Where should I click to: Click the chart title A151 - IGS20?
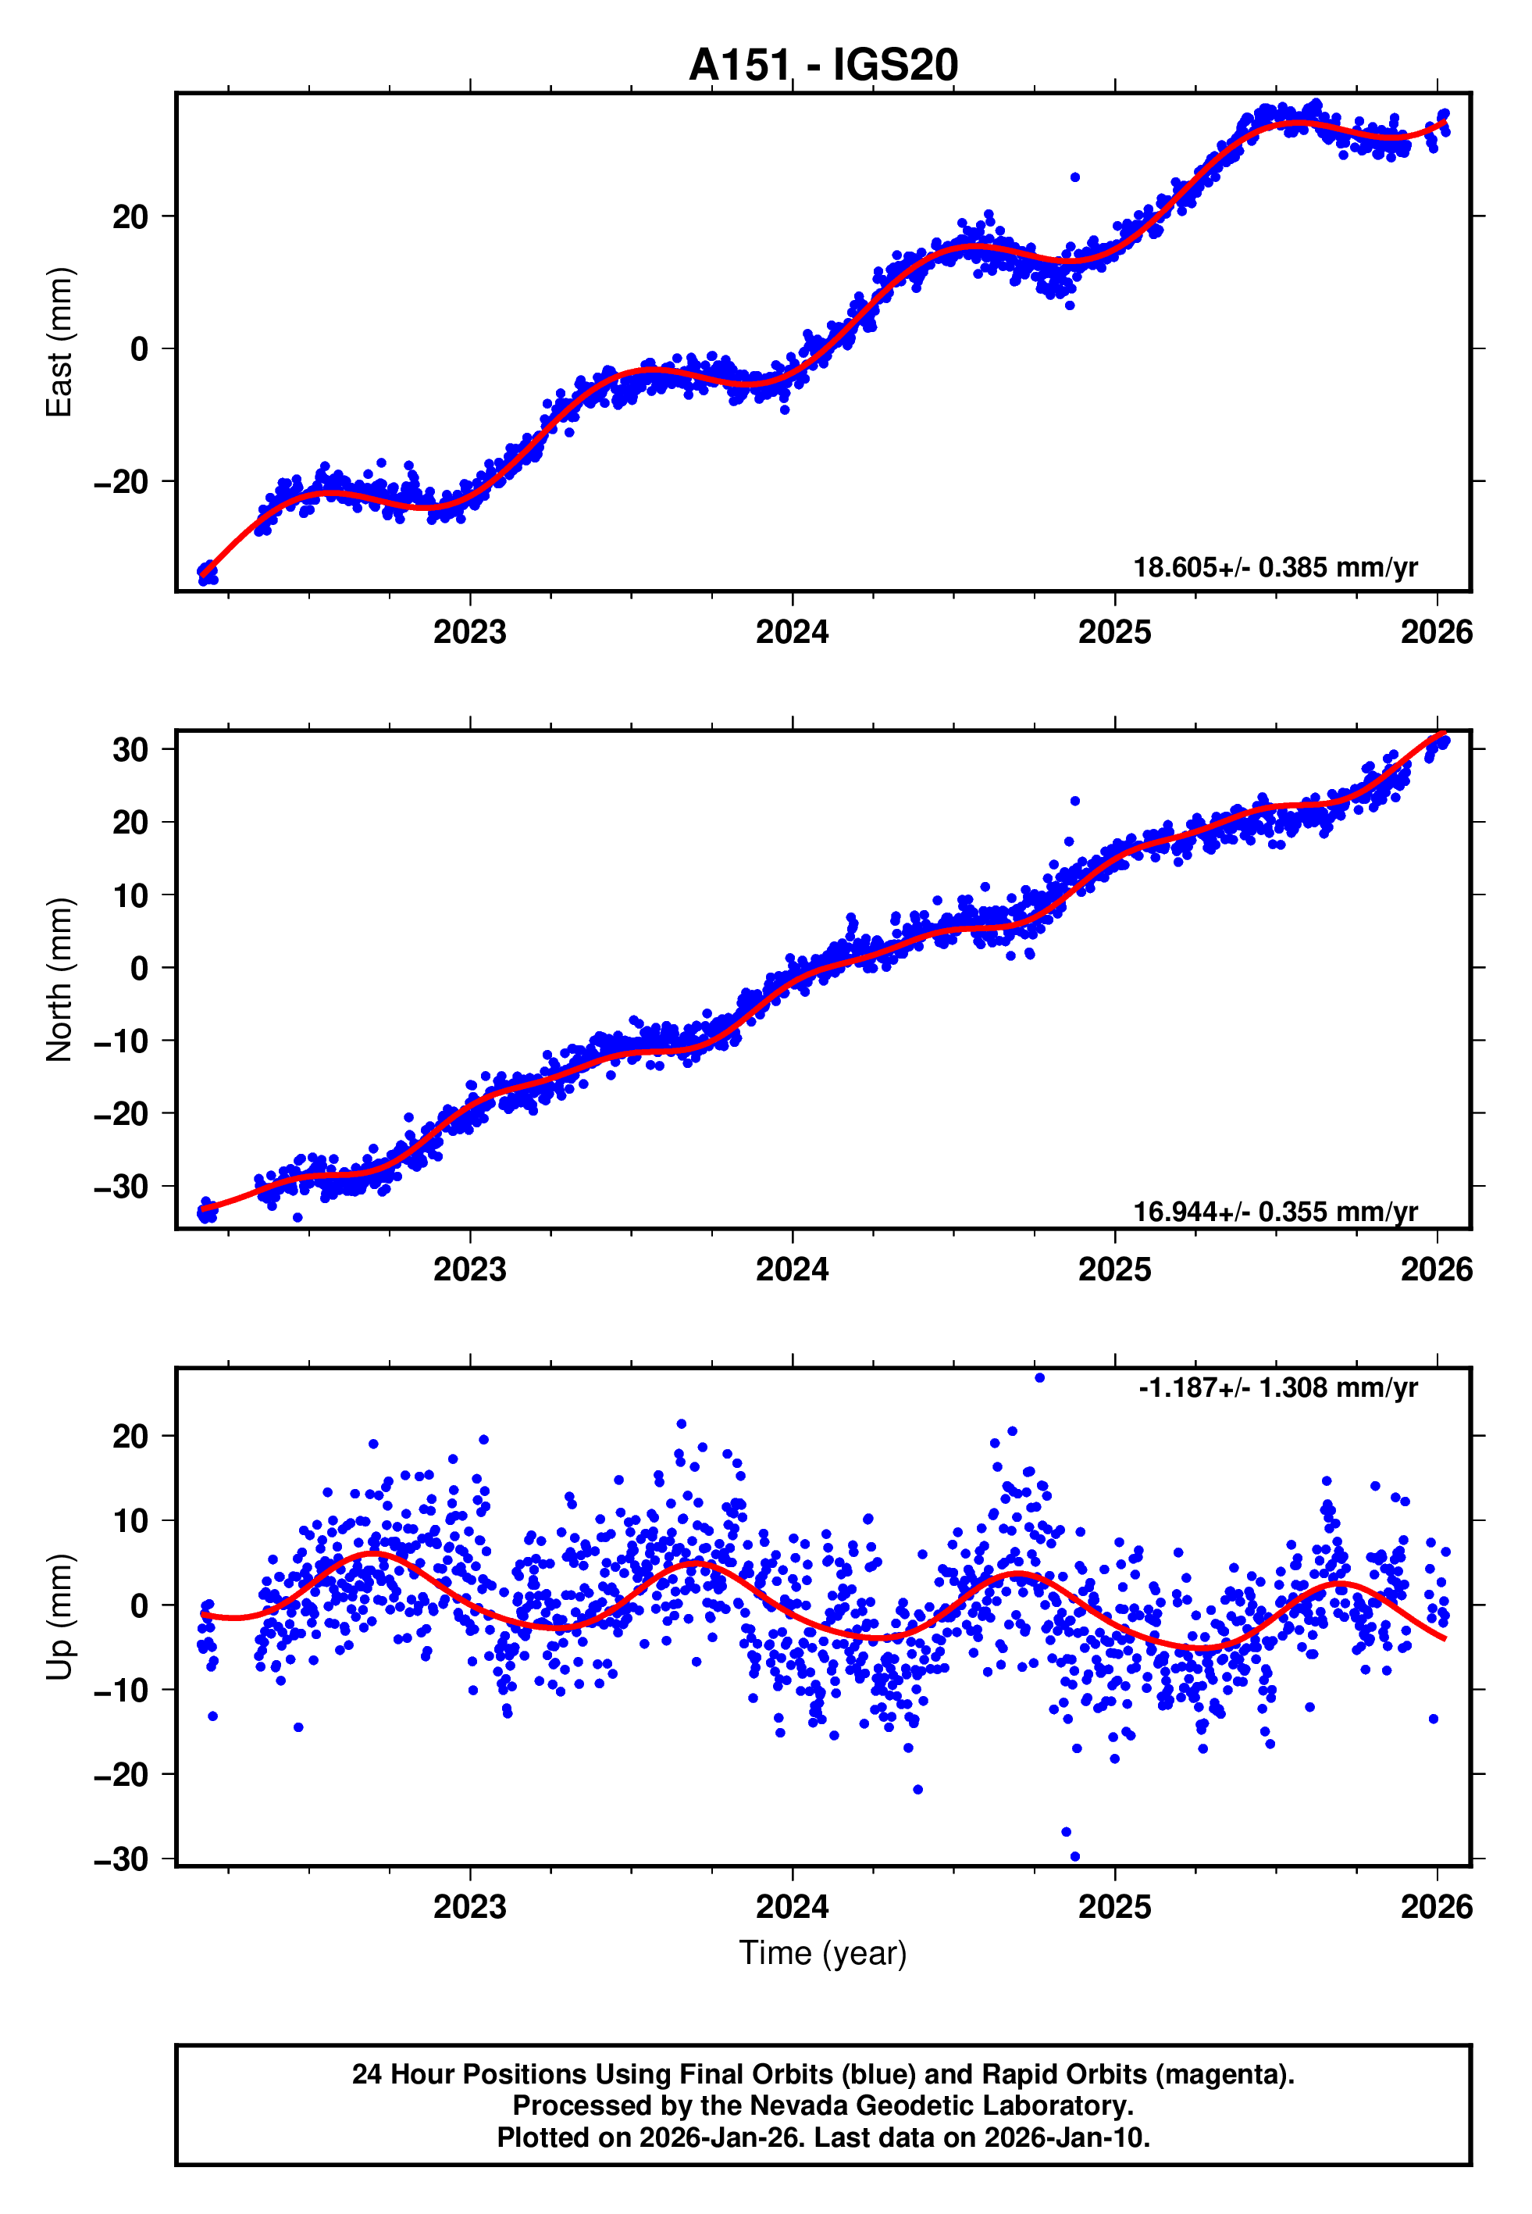pyautogui.click(x=823, y=66)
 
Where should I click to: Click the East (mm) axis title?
pyautogui.click(x=59, y=342)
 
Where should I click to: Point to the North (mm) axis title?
pyautogui.click(x=59, y=980)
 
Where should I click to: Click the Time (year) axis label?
pyautogui.click(x=823, y=1953)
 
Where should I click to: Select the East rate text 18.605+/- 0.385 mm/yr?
pyautogui.click(x=1275, y=567)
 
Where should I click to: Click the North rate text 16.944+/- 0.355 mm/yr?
pyautogui.click(x=1275, y=1212)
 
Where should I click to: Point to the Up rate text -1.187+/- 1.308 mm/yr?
pyautogui.click(x=1277, y=1387)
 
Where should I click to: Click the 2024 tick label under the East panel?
pyautogui.click(x=792, y=633)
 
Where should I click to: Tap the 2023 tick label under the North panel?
pyautogui.click(x=469, y=1269)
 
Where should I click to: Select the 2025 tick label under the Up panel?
pyautogui.click(x=1113, y=1907)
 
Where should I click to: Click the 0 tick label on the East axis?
pyautogui.click(x=139, y=349)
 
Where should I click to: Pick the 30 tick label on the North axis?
pyautogui.click(x=130, y=750)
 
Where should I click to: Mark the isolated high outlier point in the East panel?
pyautogui.click(x=1075, y=177)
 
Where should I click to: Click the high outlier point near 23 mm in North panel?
pyautogui.click(x=1075, y=801)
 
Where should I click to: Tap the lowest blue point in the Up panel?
pyautogui.click(x=1075, y=1857)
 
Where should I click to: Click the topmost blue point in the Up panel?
pyautogui.click(x=1039, y=1378)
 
